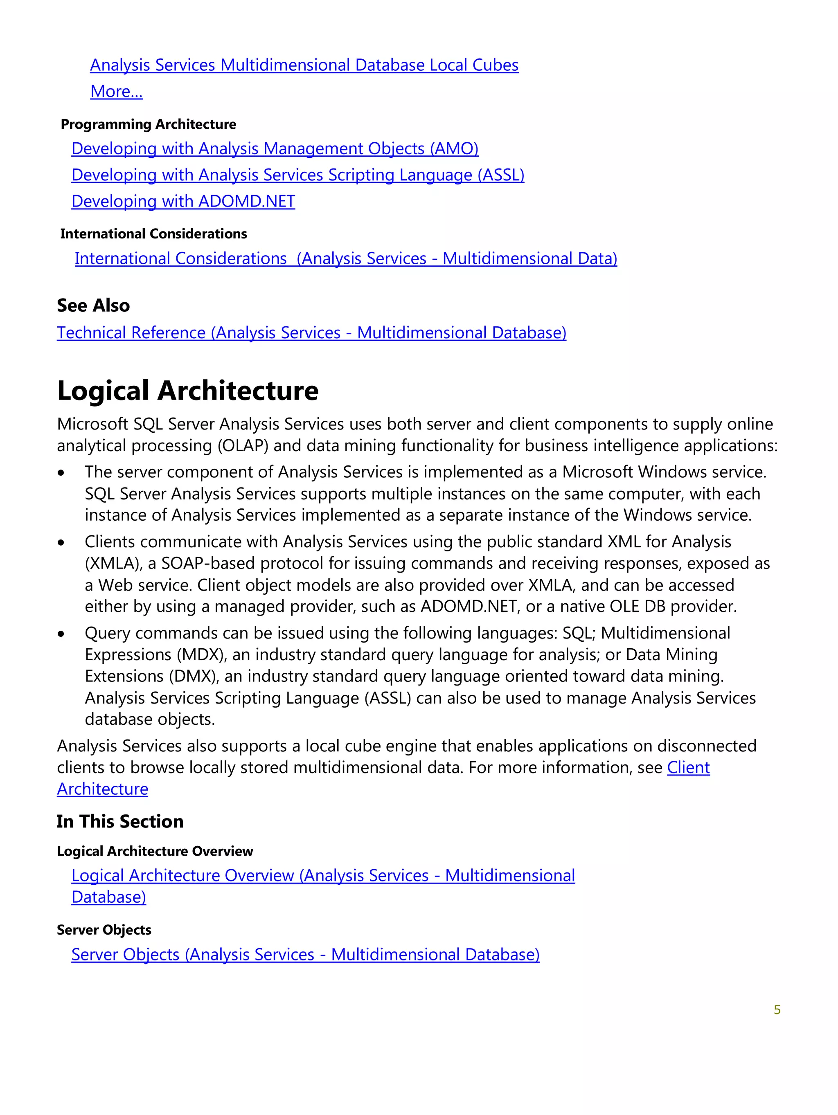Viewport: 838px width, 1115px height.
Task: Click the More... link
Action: [x=117, y=92]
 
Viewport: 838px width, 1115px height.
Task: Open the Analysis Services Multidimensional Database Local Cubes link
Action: [x=304, y=65]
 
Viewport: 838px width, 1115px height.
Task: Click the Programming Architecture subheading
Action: [x=148, y=124]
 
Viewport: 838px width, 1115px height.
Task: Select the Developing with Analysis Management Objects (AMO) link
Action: [x=275, y=149]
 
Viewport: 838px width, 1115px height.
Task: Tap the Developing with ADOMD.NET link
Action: [x=183, y=201]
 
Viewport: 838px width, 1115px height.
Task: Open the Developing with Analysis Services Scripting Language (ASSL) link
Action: [x=297, y=175]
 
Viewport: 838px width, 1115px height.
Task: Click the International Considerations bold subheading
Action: [x=153, y=234]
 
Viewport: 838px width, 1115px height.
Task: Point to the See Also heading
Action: [x=93, y=306]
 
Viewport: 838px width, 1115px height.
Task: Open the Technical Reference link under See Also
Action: [x=311, y=333]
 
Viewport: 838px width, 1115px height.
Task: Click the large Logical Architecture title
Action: [x=187, y=391]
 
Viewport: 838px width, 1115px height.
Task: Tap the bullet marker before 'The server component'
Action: [x=61, y=473]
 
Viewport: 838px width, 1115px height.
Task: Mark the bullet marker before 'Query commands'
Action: [x=61, y=634]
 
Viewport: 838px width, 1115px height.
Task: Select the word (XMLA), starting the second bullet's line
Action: [x=114, y=564]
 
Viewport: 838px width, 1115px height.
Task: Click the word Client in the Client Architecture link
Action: [x=688, y=768]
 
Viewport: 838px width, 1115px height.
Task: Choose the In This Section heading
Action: [x=120, y=822]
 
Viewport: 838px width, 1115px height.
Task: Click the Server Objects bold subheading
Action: [x=104, y=930]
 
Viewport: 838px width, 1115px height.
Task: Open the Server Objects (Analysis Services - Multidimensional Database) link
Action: [x=305, y=955]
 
